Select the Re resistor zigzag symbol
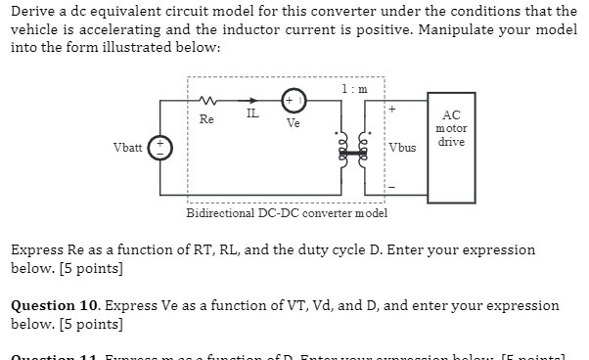click(x=206, y=100)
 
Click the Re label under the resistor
click(x=206, y=118)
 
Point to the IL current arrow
click(x=251, y=100)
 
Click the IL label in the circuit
click(x=252, y=114)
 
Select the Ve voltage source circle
click(x=294, y=102)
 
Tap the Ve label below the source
click(x=294, y=124)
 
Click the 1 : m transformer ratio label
click(x=354, y=88)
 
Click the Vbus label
click(x=402, y=149)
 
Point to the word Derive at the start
click(x=32, y=11)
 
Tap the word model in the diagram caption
click(x=370, y=213)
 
